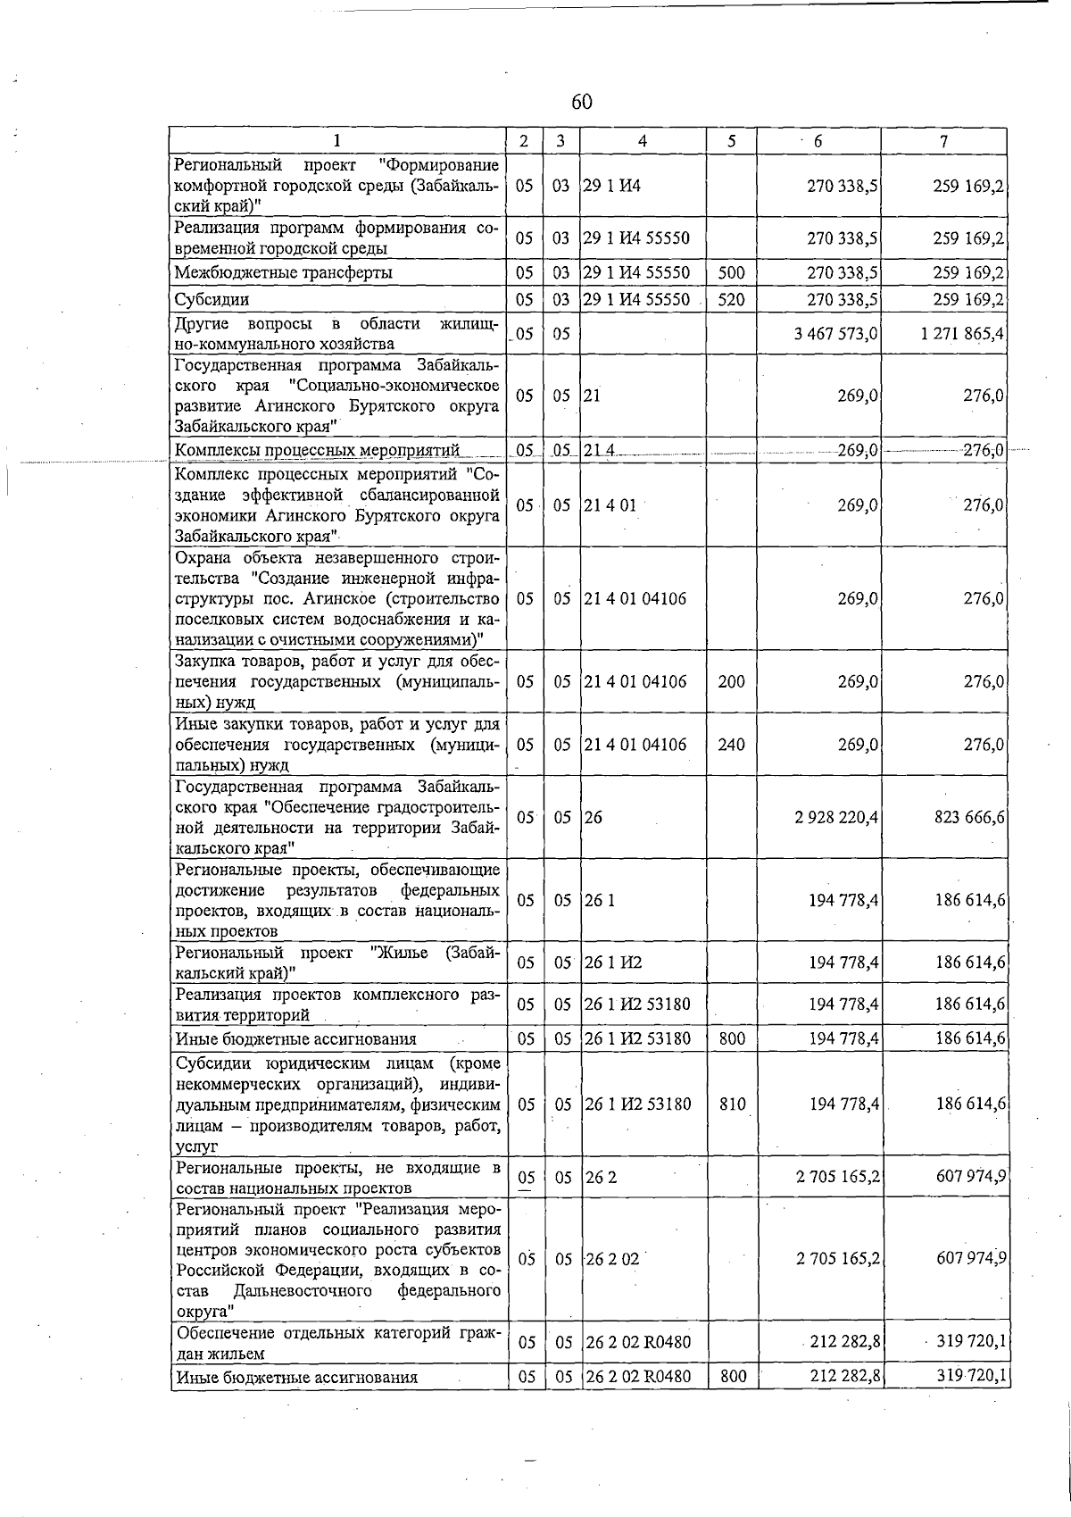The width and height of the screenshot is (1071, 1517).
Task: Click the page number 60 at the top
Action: (x=581, y=103)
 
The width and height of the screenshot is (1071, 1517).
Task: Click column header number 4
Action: (x=643, y=141)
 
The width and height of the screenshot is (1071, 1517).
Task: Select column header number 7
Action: (x=943, y=141)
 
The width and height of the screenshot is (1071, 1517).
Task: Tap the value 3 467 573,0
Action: (x=836, y=334)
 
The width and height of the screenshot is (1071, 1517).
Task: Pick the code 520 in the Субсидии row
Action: (x=731, y=300)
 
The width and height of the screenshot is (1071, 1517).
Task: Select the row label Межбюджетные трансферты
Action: (x=283, y=273)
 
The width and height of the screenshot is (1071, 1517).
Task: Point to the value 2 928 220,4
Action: (x=836, y=817)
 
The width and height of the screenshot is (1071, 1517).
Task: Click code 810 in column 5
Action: (x=732, y=1104)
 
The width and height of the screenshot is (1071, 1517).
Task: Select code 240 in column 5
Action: (x=731, y=745)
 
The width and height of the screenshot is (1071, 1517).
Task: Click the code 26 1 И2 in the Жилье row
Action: (x=613, y=963)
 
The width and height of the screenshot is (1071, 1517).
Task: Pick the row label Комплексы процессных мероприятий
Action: (x=317, y=450)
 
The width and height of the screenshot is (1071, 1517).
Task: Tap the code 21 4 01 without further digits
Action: (x=610, y=505)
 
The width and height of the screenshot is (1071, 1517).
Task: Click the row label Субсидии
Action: (x=212, y=300)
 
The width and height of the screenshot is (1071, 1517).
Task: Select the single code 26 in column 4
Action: (x=594, y=817)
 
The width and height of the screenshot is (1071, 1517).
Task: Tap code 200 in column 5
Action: (x=731, y=682)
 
